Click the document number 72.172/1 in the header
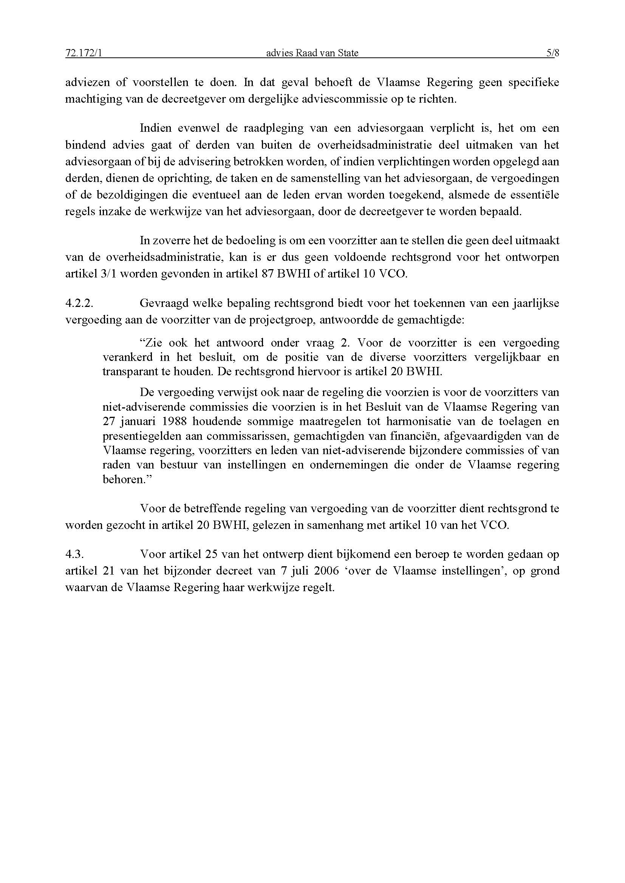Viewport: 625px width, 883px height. (84, 53)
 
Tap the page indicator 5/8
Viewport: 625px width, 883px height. (553, 53)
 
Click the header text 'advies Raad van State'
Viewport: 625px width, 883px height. (312, 53)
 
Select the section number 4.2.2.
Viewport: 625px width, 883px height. (79, 303)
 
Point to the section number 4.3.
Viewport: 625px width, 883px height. (75, 554)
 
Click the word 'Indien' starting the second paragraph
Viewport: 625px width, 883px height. (155, 128)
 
